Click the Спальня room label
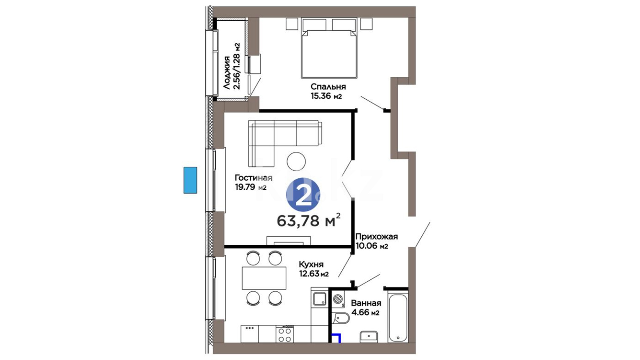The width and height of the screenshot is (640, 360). coord(328,87)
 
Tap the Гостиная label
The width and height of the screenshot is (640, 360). coord(253,178)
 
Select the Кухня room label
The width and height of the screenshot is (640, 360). coord(311,265)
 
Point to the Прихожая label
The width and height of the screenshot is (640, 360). coord(376,237)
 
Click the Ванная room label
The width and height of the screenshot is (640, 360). coord(366,303)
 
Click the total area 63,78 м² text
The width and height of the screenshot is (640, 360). coord(309,220)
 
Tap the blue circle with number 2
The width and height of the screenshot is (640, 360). coord(303,195)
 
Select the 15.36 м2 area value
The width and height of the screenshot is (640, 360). coord(326,96)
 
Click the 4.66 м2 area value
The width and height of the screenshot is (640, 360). coord(365,313)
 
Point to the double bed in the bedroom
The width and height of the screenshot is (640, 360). coord(329,48)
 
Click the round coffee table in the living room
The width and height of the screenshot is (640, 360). coord(296,161)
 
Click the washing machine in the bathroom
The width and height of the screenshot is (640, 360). coord(339,299)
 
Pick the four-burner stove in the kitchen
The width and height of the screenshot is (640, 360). coord(285,334)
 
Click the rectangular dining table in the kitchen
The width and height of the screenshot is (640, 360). coord(264,278)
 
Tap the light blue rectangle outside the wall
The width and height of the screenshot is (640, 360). coord(190,180)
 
